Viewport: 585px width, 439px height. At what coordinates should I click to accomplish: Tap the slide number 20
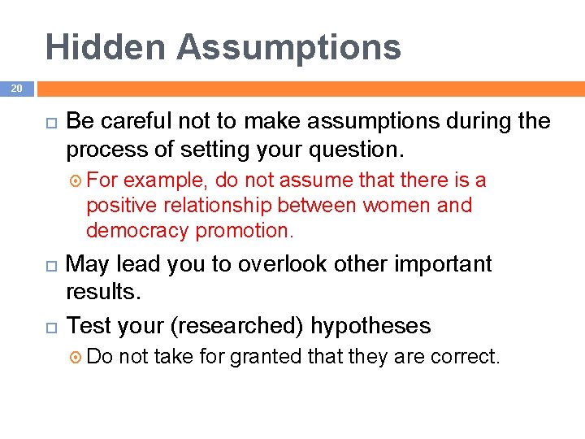pos(16,88)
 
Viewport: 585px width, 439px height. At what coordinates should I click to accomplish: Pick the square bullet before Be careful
pos(48,122)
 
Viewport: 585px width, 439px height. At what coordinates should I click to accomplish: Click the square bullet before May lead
pos(48,265)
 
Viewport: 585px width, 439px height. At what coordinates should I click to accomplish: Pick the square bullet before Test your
pos(48,327)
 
